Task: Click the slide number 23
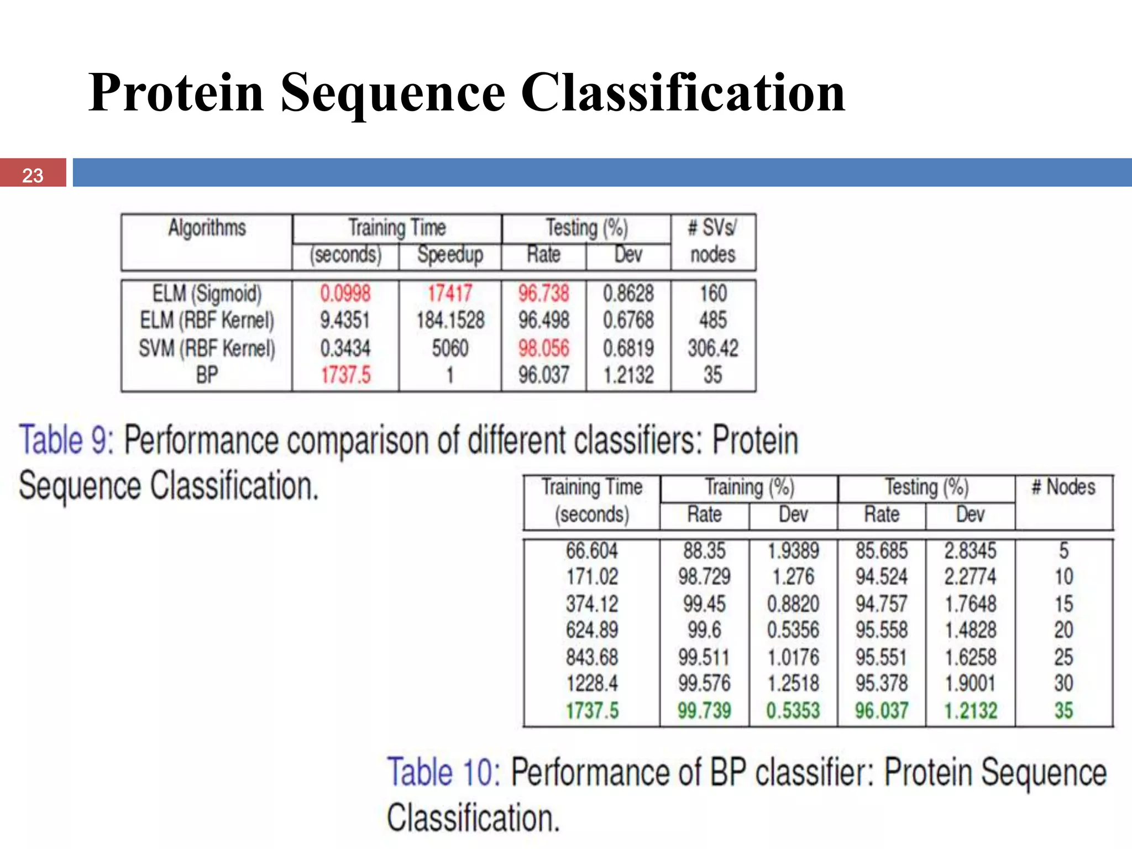pyautogui.click(x=33, y=175)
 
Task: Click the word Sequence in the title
pyautogui.click(x=392, y=93)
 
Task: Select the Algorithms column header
pyautogui.click(x=207, y=228)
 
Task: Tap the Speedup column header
pyautogui.click(x=450, y=255)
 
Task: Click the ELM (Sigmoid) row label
pyautogui.click(x=207, y=294)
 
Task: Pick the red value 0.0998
pyautogui.click(x=345, y=294)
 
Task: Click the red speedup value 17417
pyautogui.click(x=450, y=294)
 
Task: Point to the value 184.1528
pyautogui.click(x=450, y=321)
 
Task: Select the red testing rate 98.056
pyautogui.click(x=543, y=348)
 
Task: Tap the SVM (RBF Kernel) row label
pyautogui.click(x=207, y=348)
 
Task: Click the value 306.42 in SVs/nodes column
pyautogui.click(x=712, y=348)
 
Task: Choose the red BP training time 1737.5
pyautogui.click(x=345, y=375)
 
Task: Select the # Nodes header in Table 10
pyautogui.click(x=1063, y=488)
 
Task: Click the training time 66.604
pyautogui.click(x=591, y=551)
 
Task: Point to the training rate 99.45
pyautogui.click(x=704, y=604)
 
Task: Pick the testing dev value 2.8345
pyautogui.click(x=970, y=551)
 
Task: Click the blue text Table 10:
pyautogui.click(x=443, y=772)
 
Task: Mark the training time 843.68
pyautogui.click(x=591, y=657)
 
